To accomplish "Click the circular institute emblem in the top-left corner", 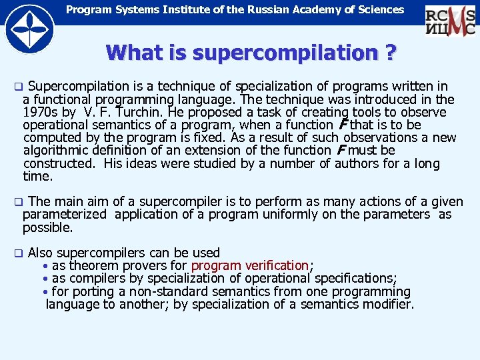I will [x=29, y=28].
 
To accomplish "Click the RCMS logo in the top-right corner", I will [x=450, y=21].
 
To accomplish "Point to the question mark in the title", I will [x=387, y=52].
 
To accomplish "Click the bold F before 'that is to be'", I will [x=343, y=125].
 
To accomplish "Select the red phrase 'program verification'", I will [x=250, y=266].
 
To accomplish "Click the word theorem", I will [x=91, y=266].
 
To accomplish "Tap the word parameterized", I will [x=65, y=215].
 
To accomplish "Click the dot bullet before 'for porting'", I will [x=45, y=292].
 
